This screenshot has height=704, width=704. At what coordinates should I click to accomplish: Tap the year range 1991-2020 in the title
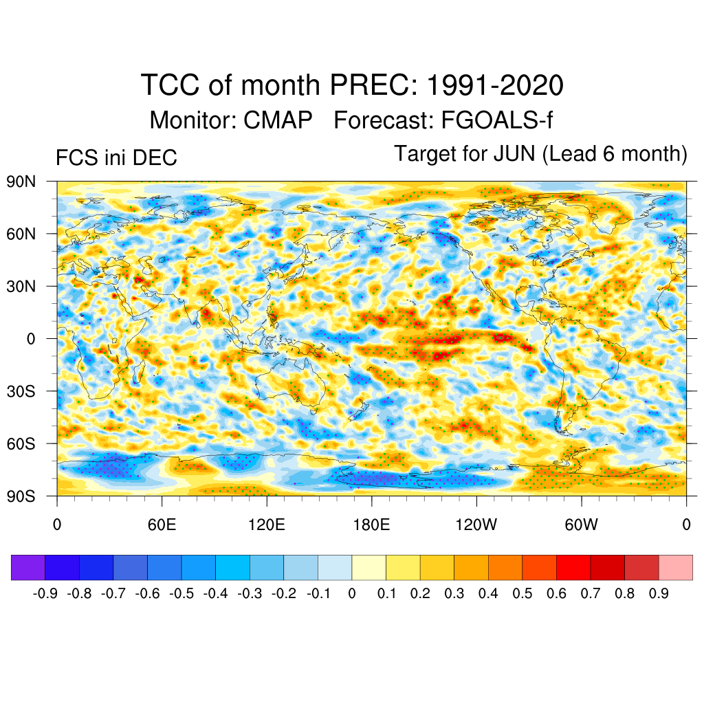point(495,86)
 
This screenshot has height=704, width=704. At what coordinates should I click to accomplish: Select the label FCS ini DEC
point(116,158)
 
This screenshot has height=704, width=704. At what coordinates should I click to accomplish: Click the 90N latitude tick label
point(21,181)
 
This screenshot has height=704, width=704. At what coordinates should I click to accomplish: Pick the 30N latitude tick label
point(21,286)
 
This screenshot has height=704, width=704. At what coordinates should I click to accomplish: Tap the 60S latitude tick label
point(21,443)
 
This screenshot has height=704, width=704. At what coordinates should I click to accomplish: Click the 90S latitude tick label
point(21,496)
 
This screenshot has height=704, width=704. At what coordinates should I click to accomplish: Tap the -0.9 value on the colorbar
point(45,593)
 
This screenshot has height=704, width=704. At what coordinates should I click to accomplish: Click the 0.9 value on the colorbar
point(659,593)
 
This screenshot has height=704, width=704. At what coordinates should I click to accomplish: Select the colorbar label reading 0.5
point(522,593)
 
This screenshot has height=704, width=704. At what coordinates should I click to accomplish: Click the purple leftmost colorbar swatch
point(28,567)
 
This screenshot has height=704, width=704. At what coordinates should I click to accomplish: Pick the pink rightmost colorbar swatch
point(676,567)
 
